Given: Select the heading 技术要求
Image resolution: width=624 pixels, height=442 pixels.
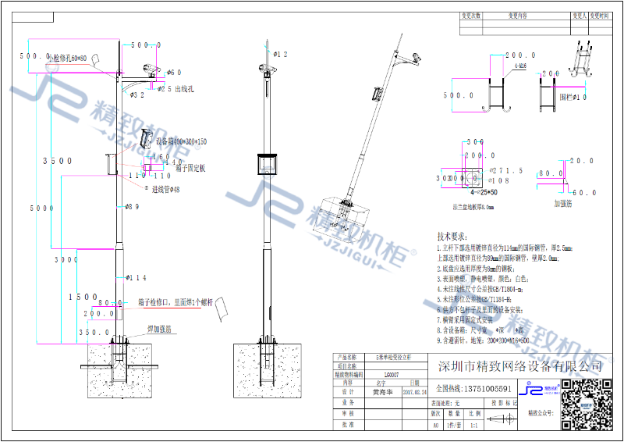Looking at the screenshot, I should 456,236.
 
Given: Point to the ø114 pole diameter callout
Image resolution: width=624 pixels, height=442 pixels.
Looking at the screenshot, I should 136,277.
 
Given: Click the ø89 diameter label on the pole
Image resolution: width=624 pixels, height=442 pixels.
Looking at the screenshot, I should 133,207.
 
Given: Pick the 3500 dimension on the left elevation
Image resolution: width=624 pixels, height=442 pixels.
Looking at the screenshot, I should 58,161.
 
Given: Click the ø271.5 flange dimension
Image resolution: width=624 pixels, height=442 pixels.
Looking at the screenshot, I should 506,169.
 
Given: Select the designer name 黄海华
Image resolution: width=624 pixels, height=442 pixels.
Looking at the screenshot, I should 380,394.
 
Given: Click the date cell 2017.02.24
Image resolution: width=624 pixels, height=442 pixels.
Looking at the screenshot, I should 414,394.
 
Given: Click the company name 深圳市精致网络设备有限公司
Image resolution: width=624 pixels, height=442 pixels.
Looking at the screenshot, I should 520,366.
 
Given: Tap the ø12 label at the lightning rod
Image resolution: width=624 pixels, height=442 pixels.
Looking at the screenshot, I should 280,55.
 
